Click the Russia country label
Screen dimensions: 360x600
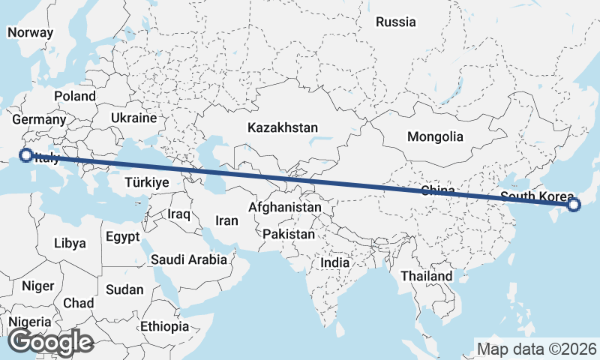pos(395,22)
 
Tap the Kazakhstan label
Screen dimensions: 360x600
pos(283,127)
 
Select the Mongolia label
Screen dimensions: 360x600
pos(435,136)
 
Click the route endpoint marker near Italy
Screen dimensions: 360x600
pos(26,155)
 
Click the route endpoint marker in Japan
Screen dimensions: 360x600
pos(574,204)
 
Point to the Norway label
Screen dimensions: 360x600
pos(30,32)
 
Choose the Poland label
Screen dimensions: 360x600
pos(74,96)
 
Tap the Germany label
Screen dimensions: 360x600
pos(39,119)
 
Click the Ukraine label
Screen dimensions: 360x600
pos(133,118)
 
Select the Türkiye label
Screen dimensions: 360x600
pos(146,182)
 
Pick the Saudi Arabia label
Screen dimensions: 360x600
pos(188,260)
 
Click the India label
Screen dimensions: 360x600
pos(334,262)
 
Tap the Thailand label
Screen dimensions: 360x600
pos(426,276)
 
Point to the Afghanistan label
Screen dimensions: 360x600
pos(284,206)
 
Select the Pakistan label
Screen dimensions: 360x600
pos(289,234)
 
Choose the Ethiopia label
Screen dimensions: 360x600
pos(164,326)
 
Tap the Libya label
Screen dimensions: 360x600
pos(70,243)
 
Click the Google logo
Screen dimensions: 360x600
pos(50,342)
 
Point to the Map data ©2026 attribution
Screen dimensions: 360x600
pos(536,349)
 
